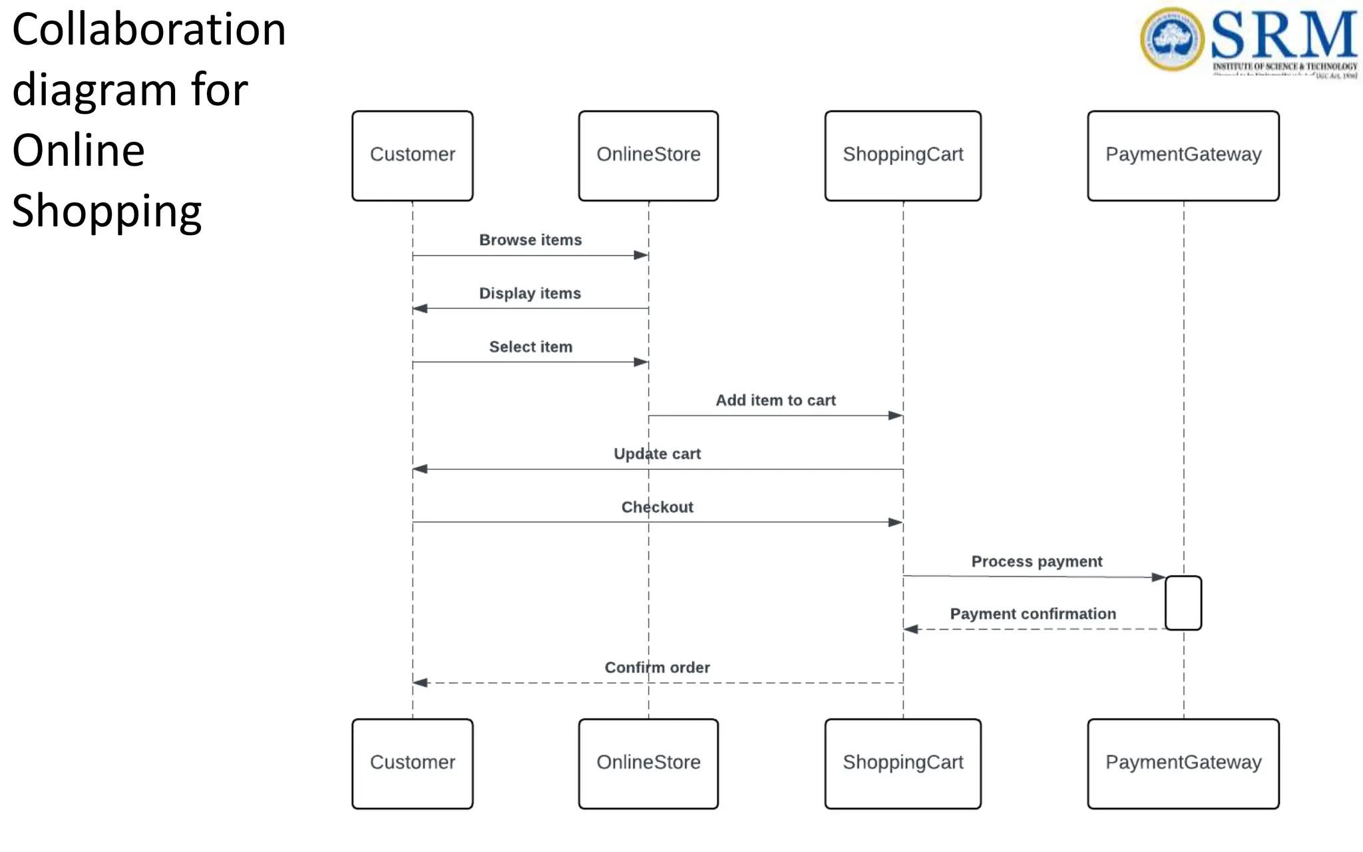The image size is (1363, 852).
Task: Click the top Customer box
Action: (412, 155)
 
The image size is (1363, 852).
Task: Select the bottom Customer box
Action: (412, 763)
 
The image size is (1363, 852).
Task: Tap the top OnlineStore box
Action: (648, 155)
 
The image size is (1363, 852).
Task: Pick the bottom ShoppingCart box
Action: (902, 763)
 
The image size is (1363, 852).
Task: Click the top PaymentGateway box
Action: (1183, 155)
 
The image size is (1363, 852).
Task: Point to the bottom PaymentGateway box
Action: (1183, 763)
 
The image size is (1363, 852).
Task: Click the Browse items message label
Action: (530, 240)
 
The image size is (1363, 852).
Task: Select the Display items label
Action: (530, 294)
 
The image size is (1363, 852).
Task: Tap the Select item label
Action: (530, 347)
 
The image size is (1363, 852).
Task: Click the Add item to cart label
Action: (775, 400)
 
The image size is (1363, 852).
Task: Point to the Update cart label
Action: (657, 454)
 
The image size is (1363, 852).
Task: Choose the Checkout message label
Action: (657, 507)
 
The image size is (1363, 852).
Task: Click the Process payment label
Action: (1036, 561)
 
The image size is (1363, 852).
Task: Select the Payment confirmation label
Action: (1032, 614)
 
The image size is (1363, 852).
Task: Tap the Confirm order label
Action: (657, 668)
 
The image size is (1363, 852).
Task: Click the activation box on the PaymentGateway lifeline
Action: (1183, 602)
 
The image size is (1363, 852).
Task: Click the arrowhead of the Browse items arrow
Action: (641, 255)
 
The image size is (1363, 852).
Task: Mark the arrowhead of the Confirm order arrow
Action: (420, 682)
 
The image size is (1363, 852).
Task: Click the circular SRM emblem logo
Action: (1172, 39)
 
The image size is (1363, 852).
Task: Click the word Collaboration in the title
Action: (149, 30)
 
